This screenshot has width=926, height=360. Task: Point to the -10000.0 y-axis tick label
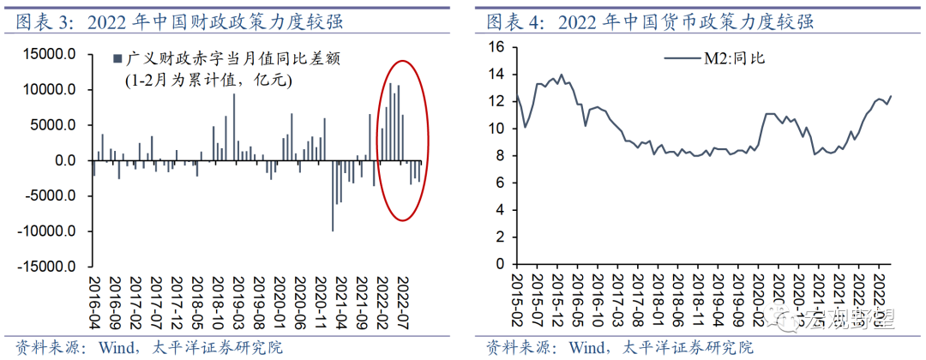pyautogui.click(x=51, y=231)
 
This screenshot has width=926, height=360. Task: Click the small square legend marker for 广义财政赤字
pyautogui.click(x=117, y=60)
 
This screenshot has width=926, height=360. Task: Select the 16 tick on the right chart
pyautogui.click(x=496, y=46)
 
